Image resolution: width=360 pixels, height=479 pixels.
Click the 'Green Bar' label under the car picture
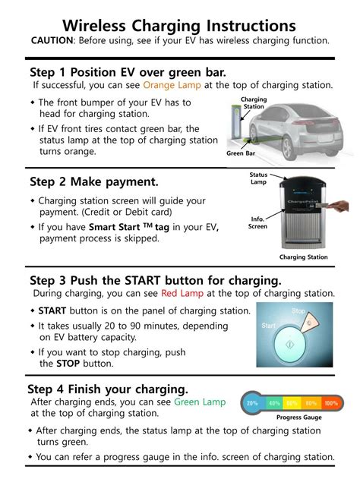(240, 153)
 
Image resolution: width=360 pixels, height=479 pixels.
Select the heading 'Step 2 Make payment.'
(94, 181)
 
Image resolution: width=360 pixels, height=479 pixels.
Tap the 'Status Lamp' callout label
(258, 178)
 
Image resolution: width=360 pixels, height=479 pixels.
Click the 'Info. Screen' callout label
(257, 222)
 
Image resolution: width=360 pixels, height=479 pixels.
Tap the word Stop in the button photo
(298, 311)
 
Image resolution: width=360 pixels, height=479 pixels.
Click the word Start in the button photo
(269, 326)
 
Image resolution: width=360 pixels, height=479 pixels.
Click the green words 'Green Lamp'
(200, 402)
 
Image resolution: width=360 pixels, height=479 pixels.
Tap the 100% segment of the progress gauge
(331, 404)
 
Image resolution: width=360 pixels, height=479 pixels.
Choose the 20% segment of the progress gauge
(253, 404)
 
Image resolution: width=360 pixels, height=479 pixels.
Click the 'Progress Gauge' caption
(299, 418)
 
